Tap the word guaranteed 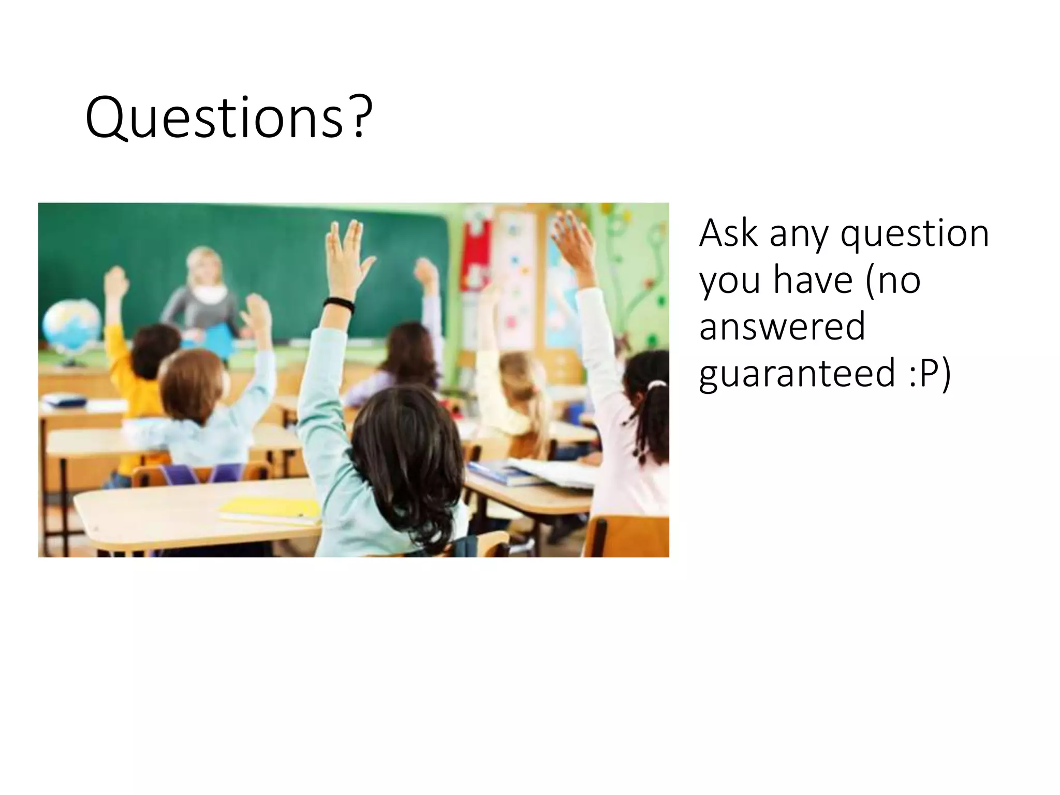797,373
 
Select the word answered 782,327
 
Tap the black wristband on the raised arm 338,305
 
